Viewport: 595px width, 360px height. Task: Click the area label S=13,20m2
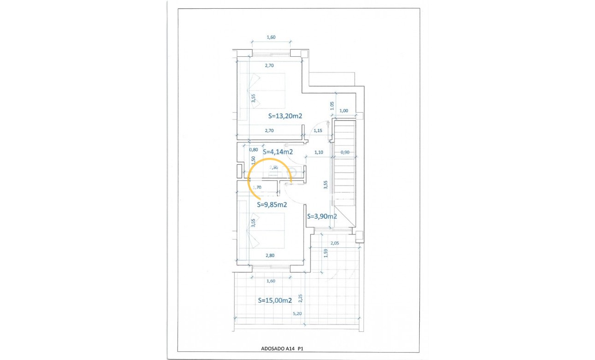(x=285, y=116)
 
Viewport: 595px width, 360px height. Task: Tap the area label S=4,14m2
(x=278, y=151)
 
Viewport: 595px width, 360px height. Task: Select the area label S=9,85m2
(x=272, y=204)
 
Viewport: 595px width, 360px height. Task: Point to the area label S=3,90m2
(x=321, y=216)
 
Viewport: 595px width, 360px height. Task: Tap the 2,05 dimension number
(x=335, y=243)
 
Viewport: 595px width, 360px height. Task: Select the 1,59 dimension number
(x=326, y=254)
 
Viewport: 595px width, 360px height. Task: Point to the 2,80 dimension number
(x=270, y=255)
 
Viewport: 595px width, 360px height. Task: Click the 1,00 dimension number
(x=344, y=111)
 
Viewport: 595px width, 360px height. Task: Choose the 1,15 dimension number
(x=318, y=131)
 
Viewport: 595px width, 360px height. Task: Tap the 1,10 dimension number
(x=319, y=152)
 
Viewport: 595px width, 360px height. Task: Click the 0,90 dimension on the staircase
(x=345, y=152)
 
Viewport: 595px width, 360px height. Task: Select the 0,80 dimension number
(x=253, y=150)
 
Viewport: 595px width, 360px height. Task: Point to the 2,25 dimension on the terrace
(x=301, y=299)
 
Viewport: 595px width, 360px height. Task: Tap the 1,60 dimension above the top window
(x=271, y=38)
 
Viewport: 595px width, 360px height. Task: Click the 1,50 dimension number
(x=253, y=160)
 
